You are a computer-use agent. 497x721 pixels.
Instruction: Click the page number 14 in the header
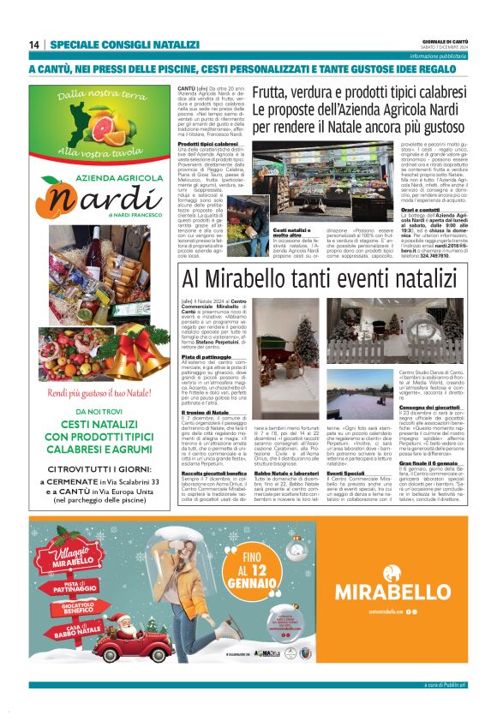[34, 45]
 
